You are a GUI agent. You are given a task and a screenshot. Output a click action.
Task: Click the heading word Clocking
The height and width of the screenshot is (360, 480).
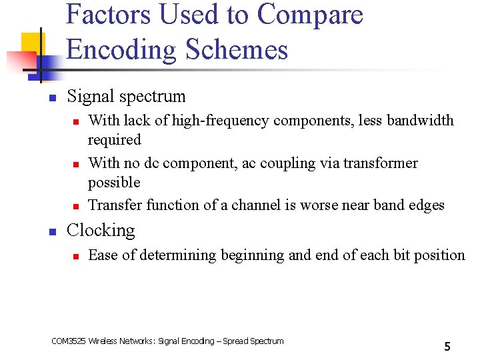tap(101, 231)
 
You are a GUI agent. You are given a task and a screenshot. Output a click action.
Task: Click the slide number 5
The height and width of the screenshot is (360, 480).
tap(447, 346)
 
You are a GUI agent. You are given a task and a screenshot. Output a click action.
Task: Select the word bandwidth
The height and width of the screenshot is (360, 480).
tap(421, 121)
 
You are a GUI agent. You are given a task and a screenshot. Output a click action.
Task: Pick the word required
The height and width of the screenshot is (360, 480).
tap(115, 140)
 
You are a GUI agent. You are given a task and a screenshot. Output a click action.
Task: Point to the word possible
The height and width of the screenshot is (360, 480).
tap(114, 183)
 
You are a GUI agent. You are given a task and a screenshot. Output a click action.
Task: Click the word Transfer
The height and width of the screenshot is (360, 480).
tap(115, 205)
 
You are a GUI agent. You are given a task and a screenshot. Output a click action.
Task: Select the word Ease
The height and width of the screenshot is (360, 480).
tap(103, 255)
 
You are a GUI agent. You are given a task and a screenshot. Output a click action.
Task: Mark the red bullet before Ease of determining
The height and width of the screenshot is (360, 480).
tap(76, 256)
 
